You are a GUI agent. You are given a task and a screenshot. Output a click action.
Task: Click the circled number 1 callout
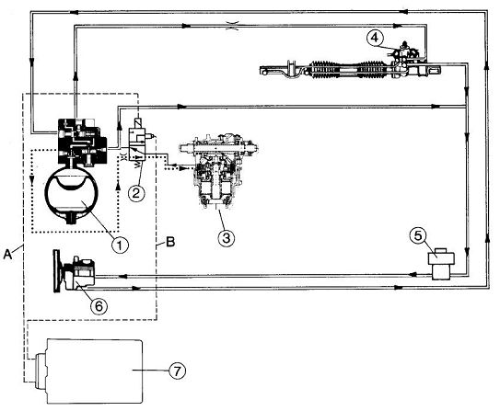click(121, 245)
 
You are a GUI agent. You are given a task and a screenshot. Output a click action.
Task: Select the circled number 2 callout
click(136, 193)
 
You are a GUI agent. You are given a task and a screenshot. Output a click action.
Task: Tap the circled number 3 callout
click(227, 238)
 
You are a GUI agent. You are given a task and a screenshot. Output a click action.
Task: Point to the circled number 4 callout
click(375, 38)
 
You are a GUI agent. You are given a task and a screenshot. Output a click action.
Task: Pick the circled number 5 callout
click(418, 236)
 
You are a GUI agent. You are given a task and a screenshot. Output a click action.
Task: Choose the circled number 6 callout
click(99, 306)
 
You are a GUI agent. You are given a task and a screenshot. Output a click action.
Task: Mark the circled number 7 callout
click(178, 371)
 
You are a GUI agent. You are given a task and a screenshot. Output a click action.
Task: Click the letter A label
click(7, 255)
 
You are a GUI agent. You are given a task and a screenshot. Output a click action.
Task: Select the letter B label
click(170, 242)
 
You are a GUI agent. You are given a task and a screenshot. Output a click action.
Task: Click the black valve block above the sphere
click(82, 142)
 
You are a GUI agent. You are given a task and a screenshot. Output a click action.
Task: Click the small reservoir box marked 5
click(442, 263)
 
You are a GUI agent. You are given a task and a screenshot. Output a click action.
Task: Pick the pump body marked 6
click(80, 273)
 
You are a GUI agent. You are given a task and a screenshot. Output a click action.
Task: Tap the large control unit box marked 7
click(95, 371)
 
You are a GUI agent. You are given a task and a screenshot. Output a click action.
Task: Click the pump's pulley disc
click(57, 271)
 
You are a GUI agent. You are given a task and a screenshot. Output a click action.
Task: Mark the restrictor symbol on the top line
click(232, 26)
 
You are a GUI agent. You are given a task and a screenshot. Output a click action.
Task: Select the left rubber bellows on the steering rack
click(323, 69)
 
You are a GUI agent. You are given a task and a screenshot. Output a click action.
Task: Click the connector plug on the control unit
click(41, 371)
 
